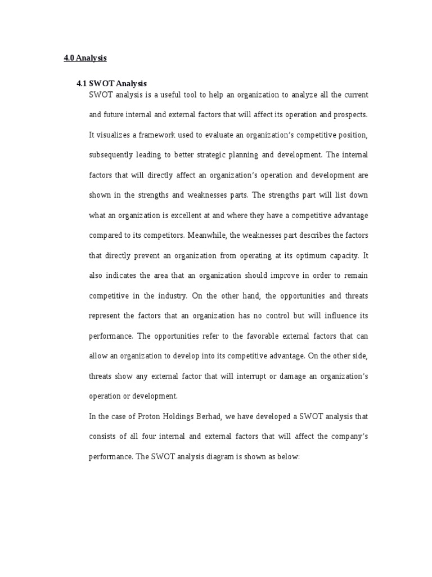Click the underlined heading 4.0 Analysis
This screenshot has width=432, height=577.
click(85, 58)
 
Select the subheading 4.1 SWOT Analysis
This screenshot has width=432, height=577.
click(111, 83)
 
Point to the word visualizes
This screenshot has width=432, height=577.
click(114, 135)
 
